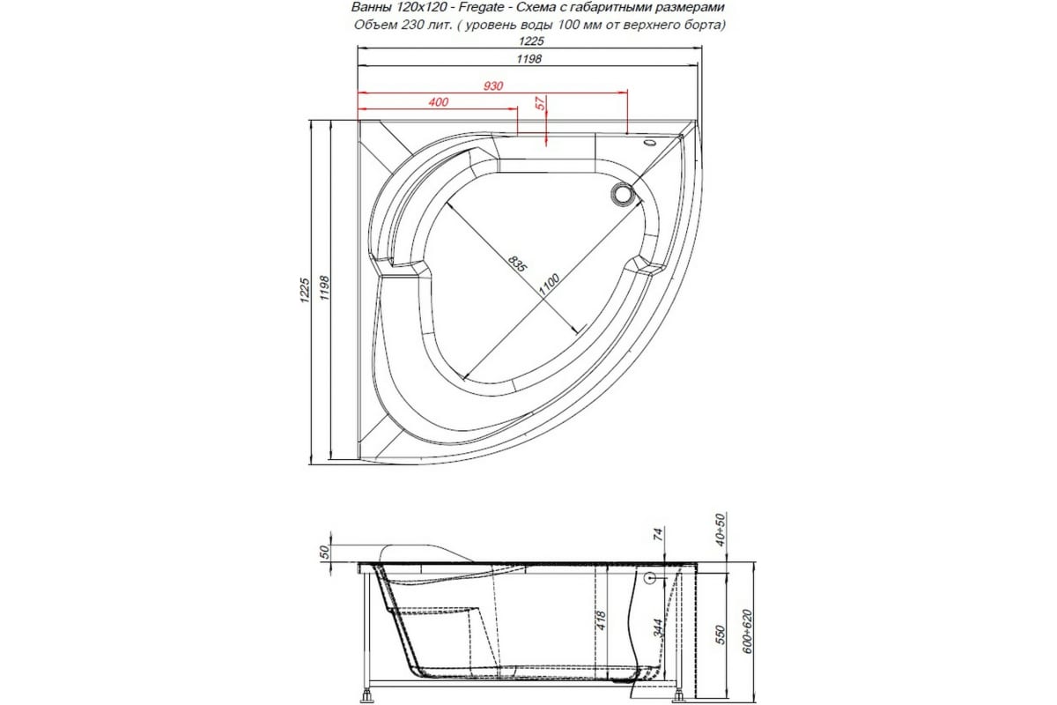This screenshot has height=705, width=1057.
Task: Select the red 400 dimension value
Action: pos(438,102)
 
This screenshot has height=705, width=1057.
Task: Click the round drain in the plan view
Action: pos(624,193)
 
